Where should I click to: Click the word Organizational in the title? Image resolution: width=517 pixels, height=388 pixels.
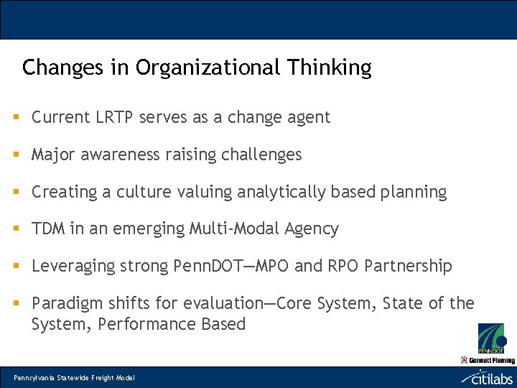209,68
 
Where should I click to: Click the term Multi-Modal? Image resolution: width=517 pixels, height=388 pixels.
231,229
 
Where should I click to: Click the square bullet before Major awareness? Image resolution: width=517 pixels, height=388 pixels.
15,154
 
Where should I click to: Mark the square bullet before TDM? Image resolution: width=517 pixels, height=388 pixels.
15,229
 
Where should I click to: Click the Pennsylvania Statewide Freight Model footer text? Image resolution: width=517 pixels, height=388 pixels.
74,378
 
